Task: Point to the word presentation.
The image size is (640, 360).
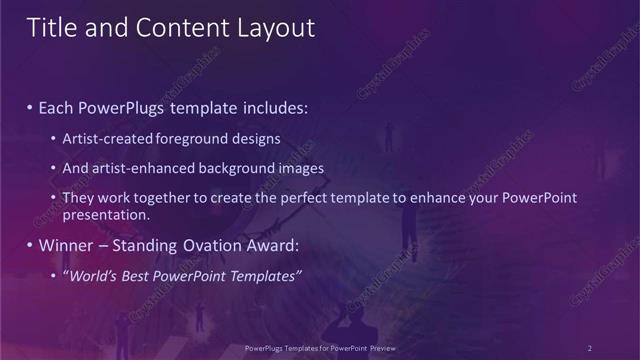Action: coord(105,214)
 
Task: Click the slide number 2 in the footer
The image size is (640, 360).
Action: coord(589,347)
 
